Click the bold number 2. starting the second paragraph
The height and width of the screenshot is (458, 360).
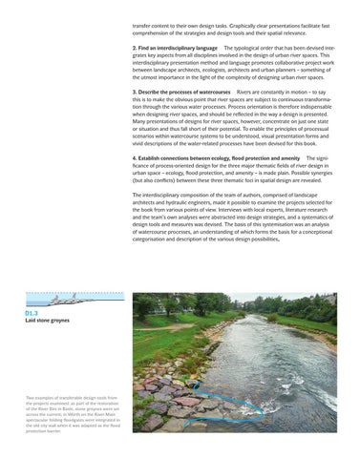pyautogui.click(x=136, y=46)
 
